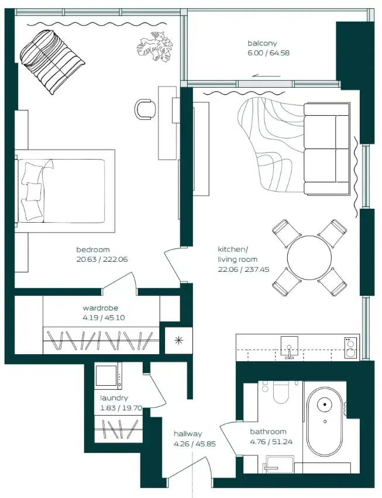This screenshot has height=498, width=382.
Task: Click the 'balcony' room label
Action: pyautogui.click(x=261, y=43)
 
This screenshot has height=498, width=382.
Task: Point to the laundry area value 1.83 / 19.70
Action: pyautogui.click(x=121, y=408)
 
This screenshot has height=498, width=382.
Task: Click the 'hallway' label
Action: pyautogui.click(x=188, y=434)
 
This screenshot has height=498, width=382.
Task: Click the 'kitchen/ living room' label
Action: pyautogui.click(x=237, y=254)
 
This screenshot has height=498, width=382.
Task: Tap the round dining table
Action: pyautogui.click(x=309, y=258)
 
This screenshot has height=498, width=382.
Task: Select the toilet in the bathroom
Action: pyautogui.click(x=280, y=393)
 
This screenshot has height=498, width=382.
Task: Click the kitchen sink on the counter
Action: pyautogui.click(x=290, y=345)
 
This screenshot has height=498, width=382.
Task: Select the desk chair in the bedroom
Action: pyautogui.click(x=145, y=108)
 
